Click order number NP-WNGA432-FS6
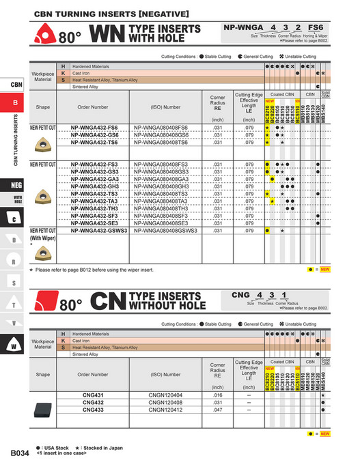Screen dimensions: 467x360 click(x=94, y=128)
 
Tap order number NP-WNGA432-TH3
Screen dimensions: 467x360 click(x=94, y=208)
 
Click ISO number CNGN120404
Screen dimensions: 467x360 click(x=165, y=395)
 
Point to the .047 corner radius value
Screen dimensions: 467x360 click(x=217, y=410)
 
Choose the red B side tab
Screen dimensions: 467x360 click(x=16, y=103)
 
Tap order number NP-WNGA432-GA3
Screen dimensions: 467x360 click(x=94, y=179)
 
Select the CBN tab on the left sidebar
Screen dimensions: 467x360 click(x=16, y=85)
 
